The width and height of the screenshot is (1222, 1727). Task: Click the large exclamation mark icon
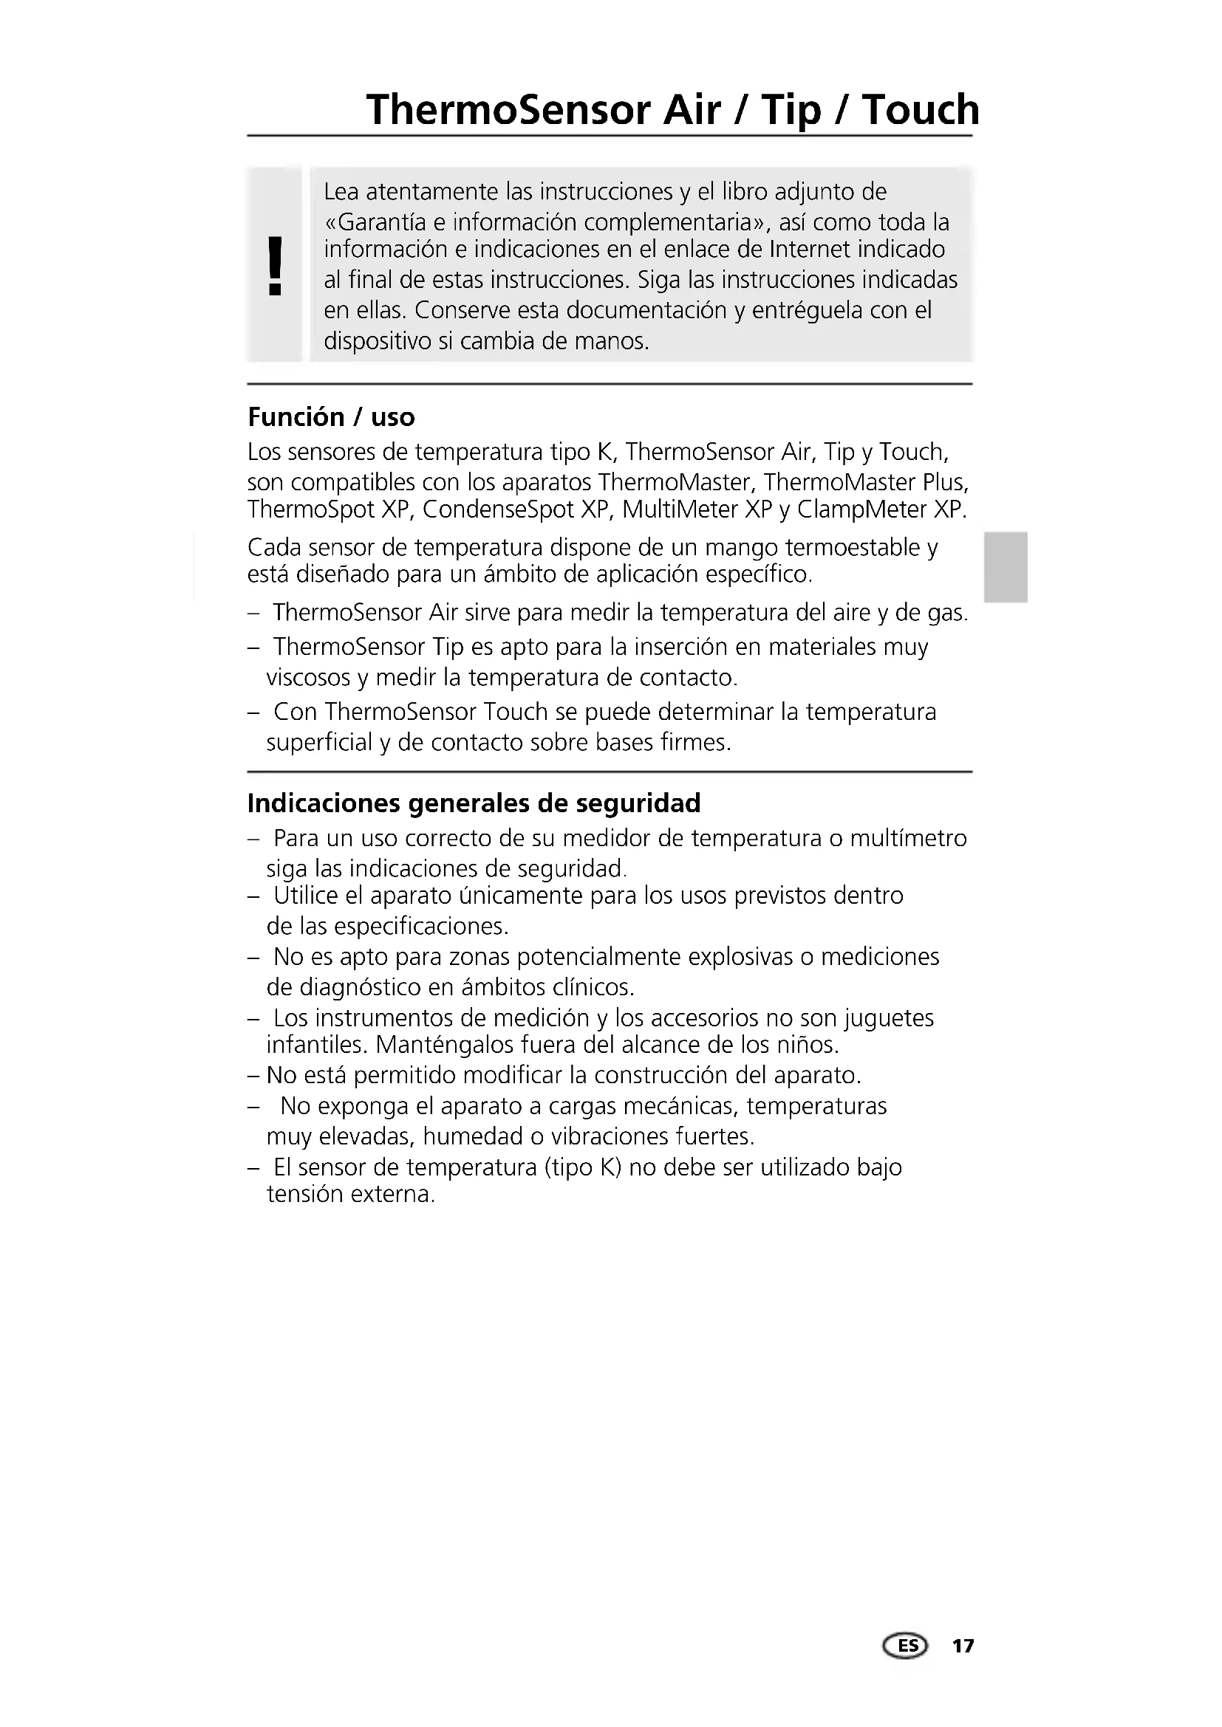(276, 265)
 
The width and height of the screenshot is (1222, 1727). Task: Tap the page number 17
(963, 1646)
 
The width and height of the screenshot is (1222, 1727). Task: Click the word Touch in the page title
(921, 110)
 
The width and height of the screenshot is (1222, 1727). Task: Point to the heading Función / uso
(331, 416)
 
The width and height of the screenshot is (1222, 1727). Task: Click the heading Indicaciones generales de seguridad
(474, 803)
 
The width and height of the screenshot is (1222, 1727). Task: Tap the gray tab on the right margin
(1006, 567)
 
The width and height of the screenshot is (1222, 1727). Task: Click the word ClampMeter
(860, 510)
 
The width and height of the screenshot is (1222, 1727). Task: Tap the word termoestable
(852, 548)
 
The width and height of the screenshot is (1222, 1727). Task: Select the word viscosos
(309, 678)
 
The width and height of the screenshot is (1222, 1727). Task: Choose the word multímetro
(908, 838)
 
